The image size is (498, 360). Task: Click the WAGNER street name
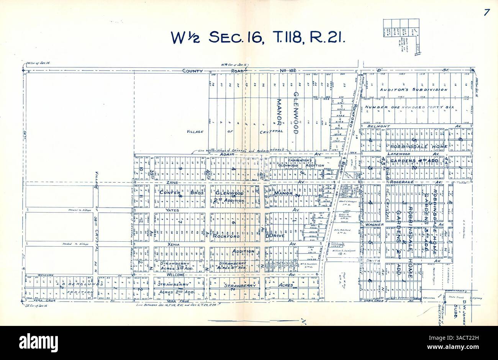(374, 225)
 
